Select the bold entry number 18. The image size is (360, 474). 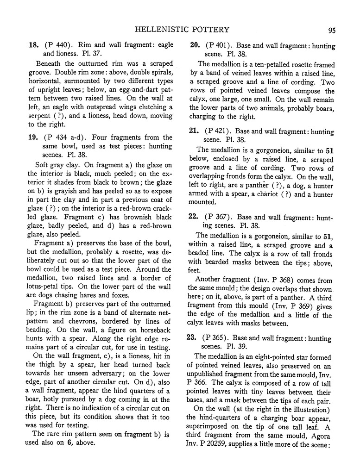point(33,45)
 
